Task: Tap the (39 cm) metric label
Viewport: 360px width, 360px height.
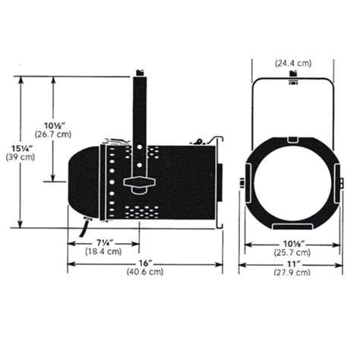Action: coord(20,157)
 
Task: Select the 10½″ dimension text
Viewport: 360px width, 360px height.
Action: coord(54,125)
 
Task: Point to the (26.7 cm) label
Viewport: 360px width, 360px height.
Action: coord(53,134)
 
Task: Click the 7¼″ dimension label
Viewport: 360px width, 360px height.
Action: coord(104,243)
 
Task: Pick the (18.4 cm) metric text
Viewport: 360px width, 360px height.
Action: coord(103,251)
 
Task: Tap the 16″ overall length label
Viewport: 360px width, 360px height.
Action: coord(144,264)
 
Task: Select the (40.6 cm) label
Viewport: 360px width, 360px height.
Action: coord(145,272)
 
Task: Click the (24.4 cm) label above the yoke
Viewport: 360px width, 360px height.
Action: coord(293,63)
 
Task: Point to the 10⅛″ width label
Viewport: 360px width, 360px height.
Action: coord(293,244)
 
